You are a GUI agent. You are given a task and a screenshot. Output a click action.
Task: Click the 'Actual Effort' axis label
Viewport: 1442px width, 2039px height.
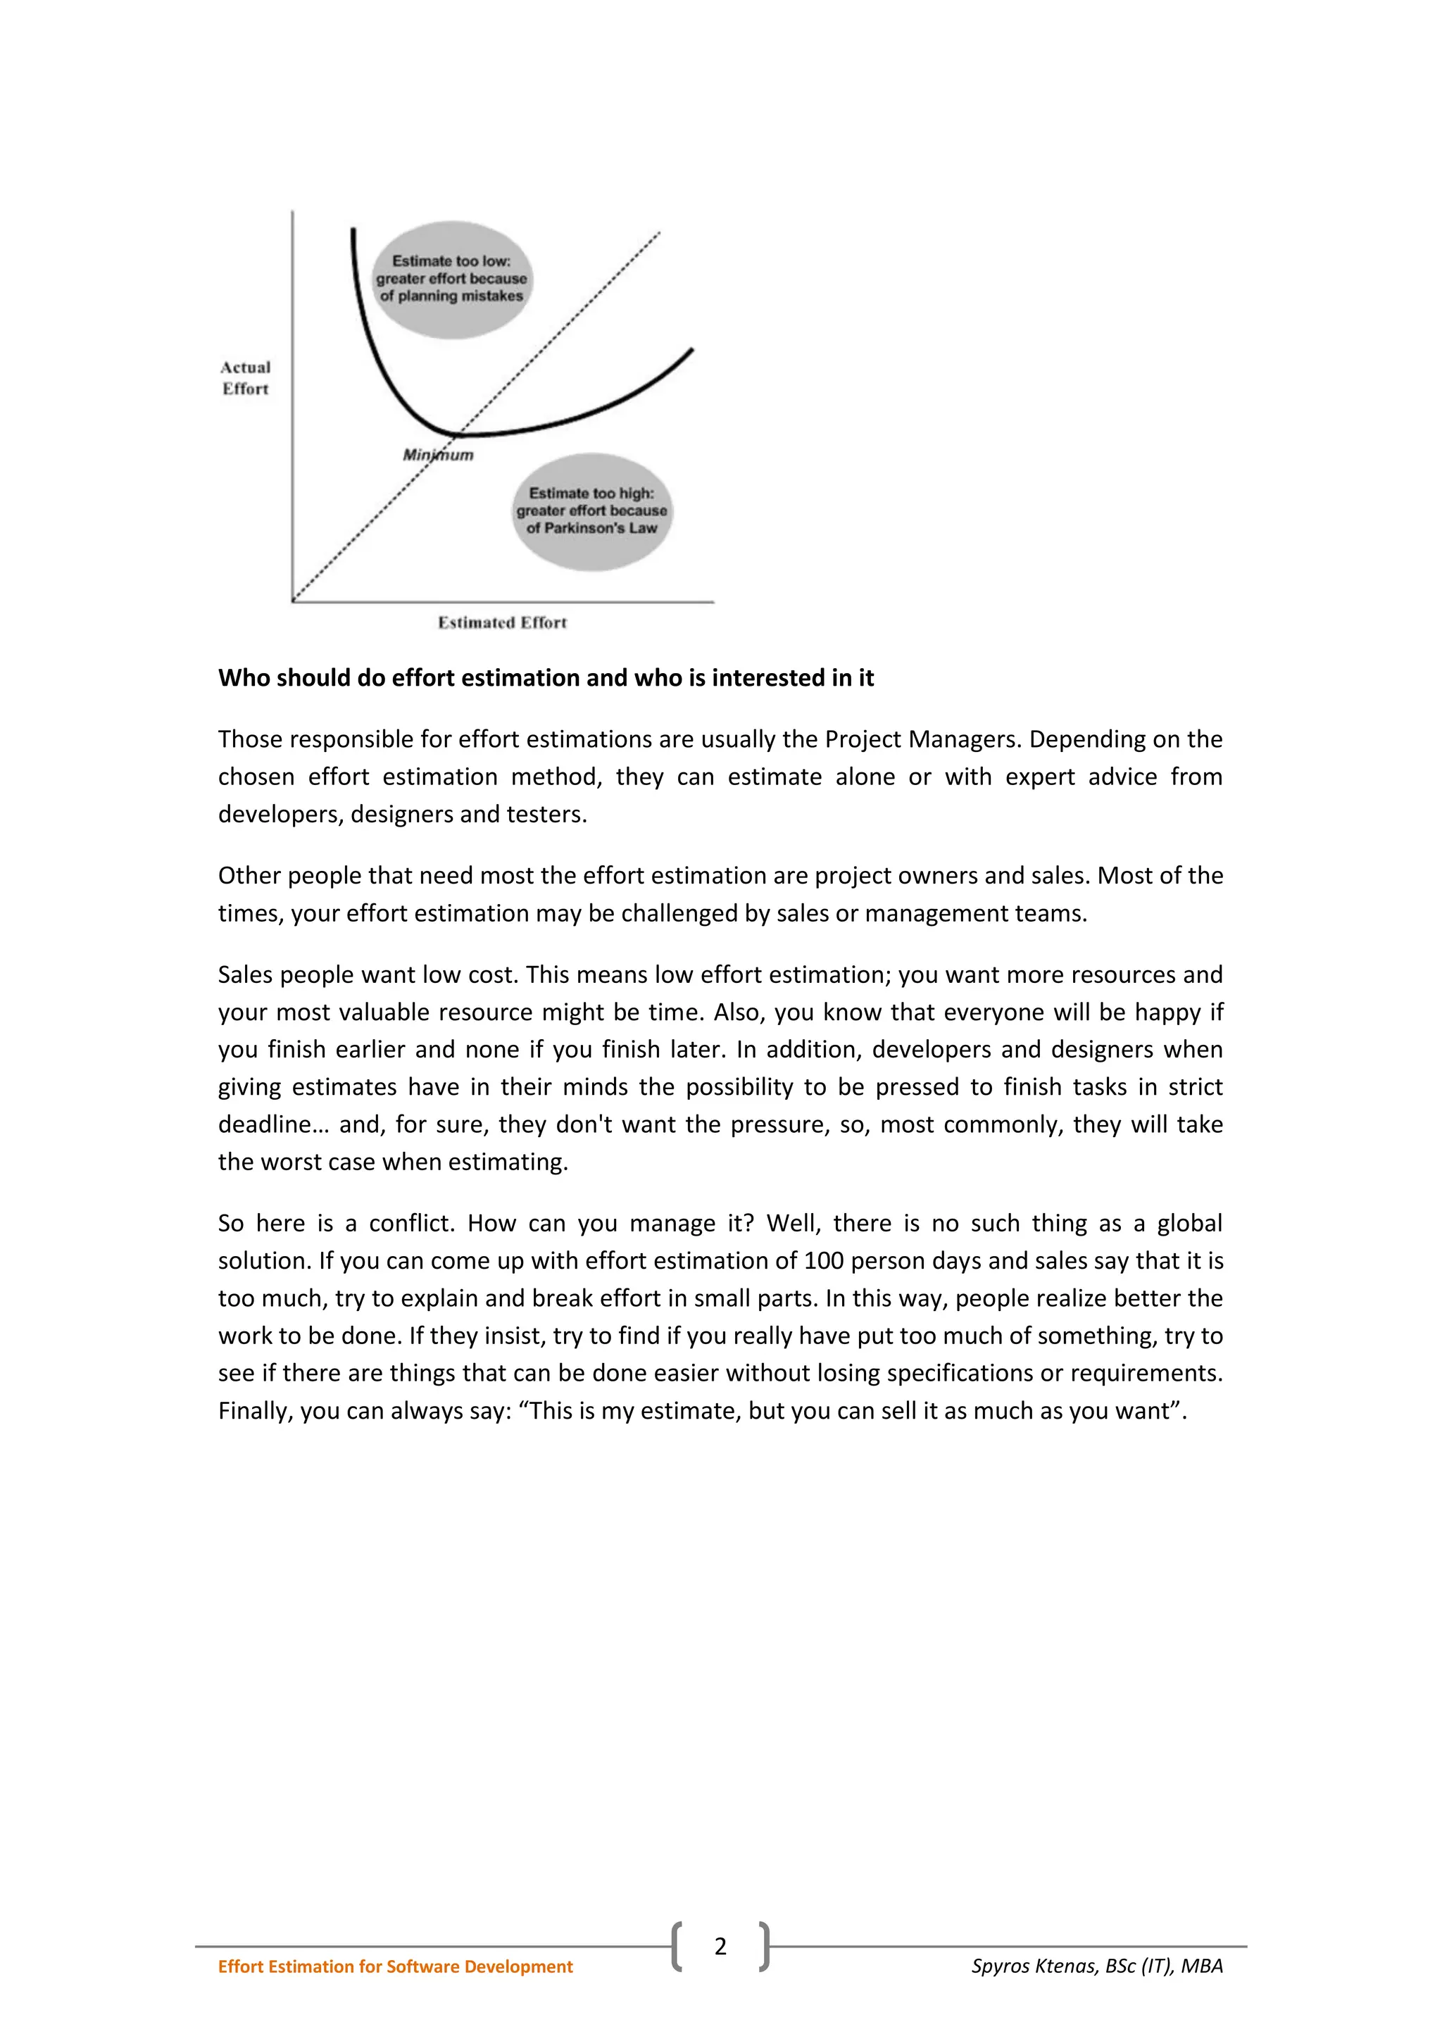click(x=245, y=377)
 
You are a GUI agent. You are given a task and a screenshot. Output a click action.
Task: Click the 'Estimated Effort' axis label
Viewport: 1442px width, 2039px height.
click(x=502, y=622)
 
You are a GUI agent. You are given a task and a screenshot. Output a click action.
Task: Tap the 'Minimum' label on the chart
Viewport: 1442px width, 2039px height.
click(x=438, y=455)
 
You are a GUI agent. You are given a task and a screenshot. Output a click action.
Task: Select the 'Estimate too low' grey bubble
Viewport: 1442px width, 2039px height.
click(x=451, y=279)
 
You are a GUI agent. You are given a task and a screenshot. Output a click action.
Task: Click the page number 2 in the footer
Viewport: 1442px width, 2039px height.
click(x=720, y=1947)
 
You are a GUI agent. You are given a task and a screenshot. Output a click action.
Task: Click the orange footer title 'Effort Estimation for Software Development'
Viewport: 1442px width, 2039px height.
click(x=395, y=1966)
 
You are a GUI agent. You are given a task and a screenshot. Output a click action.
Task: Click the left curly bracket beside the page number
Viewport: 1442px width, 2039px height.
click(x=677, y=1947)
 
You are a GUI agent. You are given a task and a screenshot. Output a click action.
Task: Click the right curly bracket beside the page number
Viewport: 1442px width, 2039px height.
click(x=764, y=1947)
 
